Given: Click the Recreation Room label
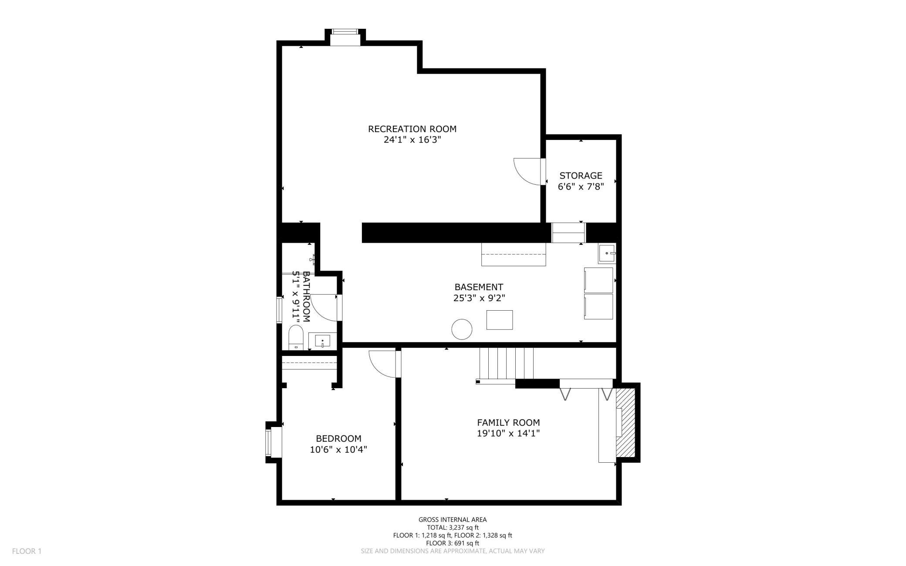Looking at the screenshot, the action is point(412,129).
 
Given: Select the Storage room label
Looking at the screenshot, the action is point(581,176).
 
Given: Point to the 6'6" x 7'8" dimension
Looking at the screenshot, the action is point(581,186).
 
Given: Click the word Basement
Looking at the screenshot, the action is point(479,287).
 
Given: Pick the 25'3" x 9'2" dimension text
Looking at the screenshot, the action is point(479,298).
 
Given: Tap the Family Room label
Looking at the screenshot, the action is point(508,423).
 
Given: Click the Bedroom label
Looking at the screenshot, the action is point(338,439).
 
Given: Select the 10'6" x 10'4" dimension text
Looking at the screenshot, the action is point(338,450).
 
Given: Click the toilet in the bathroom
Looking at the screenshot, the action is point(296,337).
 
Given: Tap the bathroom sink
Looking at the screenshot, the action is point(322,341).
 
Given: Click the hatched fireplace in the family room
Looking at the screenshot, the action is point(625,422).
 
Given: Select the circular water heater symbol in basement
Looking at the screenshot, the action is point(462,329).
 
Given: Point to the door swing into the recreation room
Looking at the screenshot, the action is point(527,172).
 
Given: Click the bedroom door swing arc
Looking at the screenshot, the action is point(382,364).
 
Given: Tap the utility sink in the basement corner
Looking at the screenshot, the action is point(607,254).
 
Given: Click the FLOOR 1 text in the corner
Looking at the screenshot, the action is point(27,551).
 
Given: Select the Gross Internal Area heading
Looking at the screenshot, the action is point(453,519).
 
